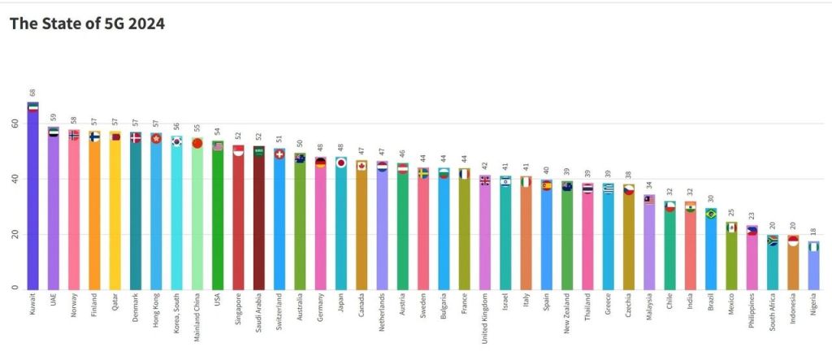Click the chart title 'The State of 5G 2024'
[88, 24]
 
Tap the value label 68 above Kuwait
[32, 93]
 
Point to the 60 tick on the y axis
[14, 124]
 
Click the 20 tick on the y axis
[14, 234]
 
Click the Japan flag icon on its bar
[341, 163]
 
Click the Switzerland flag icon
[279, 154]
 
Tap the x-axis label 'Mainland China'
[197, 317]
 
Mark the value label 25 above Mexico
[732, 212]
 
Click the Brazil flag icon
[712, 214]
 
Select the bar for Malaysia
[650, 244]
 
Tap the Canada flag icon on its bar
[362, 166]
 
